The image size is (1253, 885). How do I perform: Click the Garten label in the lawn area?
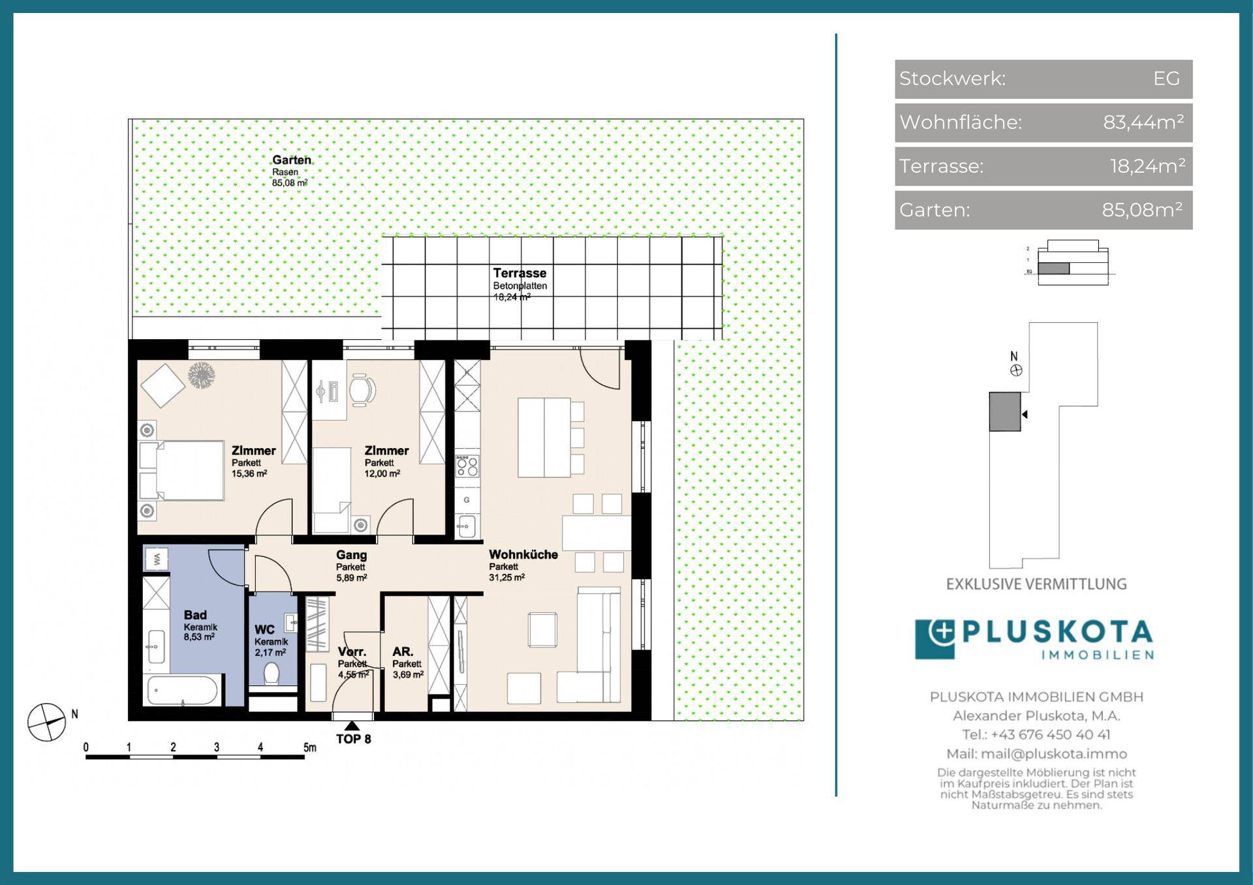pos(291,160)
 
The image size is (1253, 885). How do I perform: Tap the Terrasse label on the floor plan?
pos(519,273)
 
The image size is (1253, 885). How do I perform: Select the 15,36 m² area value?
pos(249,474)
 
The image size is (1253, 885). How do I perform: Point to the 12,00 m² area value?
pos(382,474)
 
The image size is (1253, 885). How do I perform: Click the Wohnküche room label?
pos(523,554)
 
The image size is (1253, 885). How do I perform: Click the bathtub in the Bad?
pos(183,691)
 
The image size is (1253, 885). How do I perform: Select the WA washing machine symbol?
pos(156,559)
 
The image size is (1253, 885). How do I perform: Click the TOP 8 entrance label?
pos(354,739)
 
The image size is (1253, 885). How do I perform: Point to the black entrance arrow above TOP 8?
pos(352,726)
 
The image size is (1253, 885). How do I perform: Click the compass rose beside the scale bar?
pos(47,723)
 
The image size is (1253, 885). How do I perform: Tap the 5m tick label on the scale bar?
pos(309,747)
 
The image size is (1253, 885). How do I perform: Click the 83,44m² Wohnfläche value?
pos(1143,122)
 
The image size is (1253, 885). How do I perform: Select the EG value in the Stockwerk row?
pos(1166,78)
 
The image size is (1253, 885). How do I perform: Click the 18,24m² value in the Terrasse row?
pos(1147,166)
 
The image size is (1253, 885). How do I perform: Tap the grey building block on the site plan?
pos(1005,412)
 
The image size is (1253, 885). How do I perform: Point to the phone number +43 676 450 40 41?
pos(1049,734)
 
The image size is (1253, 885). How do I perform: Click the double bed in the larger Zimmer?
pos(181,471)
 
